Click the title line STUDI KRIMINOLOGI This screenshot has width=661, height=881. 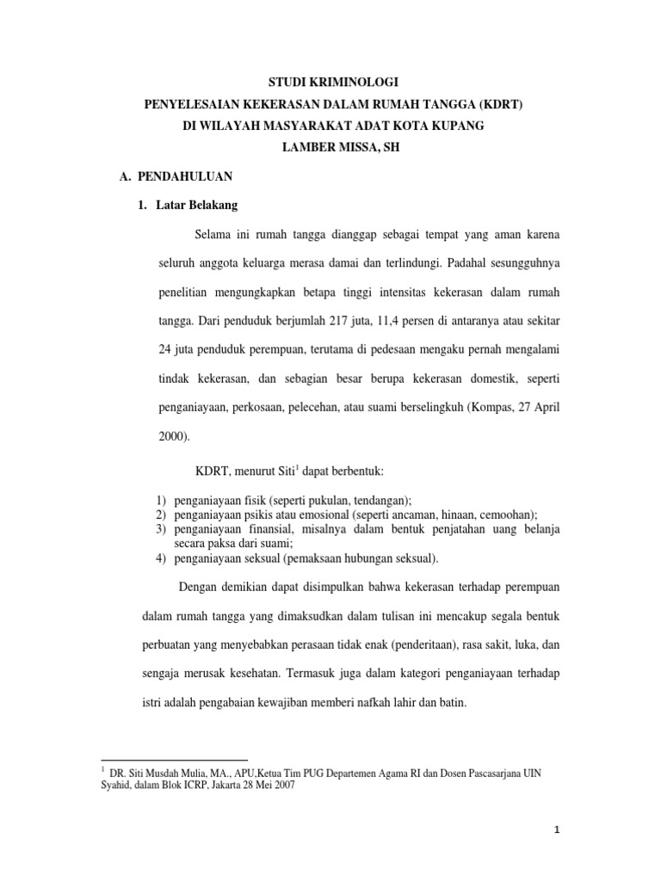[330, 86]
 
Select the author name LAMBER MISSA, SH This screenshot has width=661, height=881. [330, 146]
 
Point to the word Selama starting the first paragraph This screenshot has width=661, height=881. [214, 235]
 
